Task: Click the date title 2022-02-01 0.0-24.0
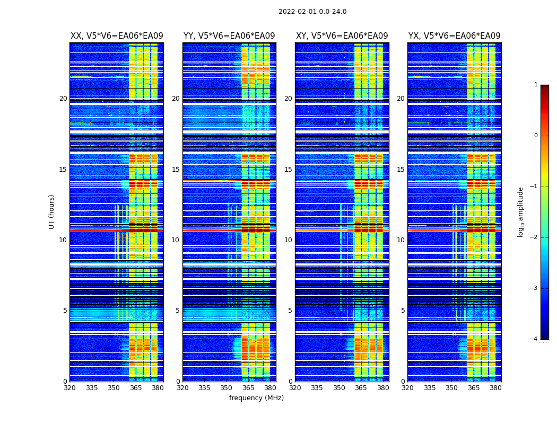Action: (x=312, y=12)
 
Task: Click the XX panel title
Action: (x=117, y=36)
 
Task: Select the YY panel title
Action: (x=229, y=36)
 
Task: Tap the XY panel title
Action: (x=342, y=36)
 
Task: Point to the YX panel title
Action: (x=454, y=36)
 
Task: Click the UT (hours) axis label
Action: (x=52, y=211)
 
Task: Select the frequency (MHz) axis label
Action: (x=256, y=398)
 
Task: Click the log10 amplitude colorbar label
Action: (x=521, y=211)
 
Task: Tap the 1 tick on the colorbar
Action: (x=536, y=85)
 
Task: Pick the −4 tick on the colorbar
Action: (x=534, y=339)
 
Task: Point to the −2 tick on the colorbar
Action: (x=534, y=237)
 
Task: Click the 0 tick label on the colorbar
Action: (x=536, y=136)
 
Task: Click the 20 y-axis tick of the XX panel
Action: (x=63, y=99)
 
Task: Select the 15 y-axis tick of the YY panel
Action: (x=176, y=170)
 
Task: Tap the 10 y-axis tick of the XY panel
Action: (x=288, y=240)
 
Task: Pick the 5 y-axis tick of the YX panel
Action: (x=403, y=311)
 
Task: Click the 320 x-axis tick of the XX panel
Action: (x=69, y=388)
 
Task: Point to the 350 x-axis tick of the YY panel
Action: (x=227, y=388)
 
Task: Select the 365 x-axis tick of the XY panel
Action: (x=361, y=388)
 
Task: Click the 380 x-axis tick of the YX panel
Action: (x=495, y=388)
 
